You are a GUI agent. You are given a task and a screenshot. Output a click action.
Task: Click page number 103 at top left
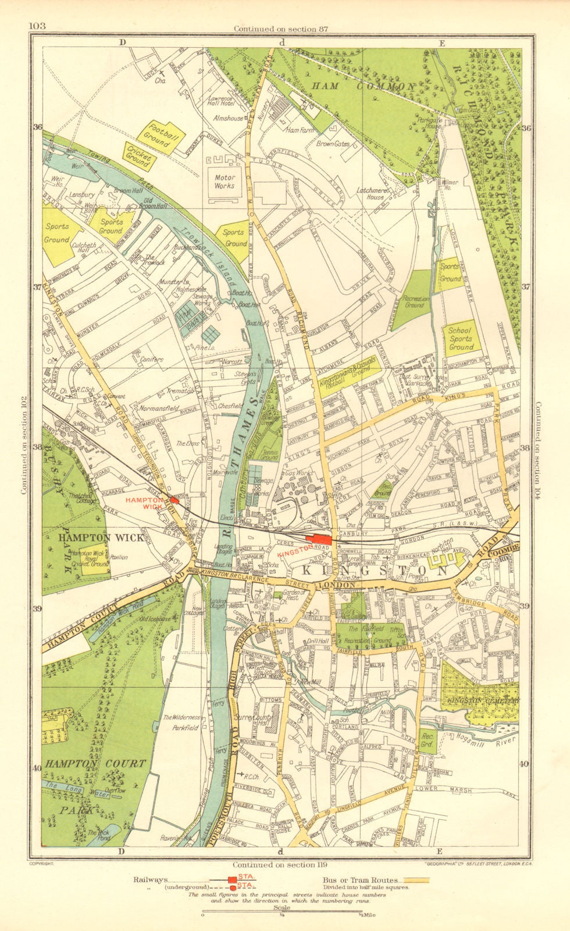[x=36, y=25]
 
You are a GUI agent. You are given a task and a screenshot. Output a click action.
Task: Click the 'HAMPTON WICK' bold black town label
[x=100, y=538]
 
